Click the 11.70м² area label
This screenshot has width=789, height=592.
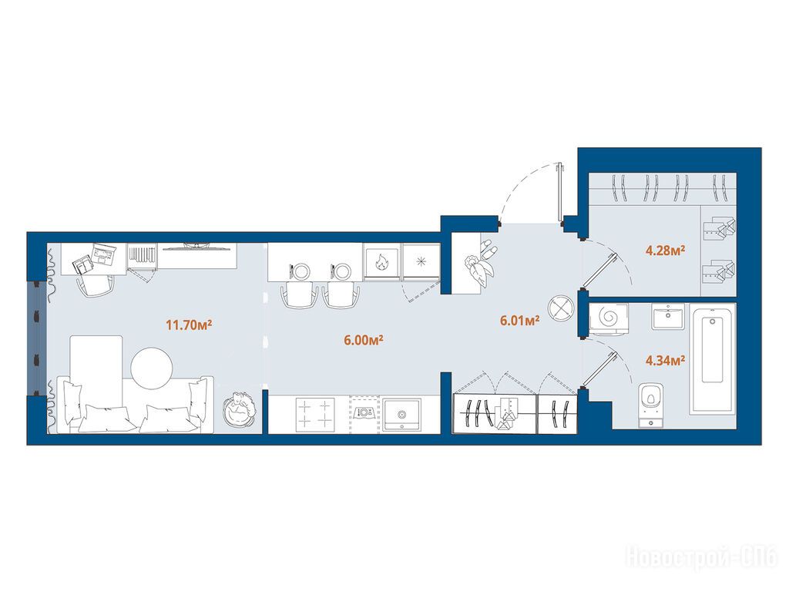pos(189,325)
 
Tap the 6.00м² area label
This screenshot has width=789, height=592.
pos(364,340)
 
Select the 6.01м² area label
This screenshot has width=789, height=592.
pos(520,320)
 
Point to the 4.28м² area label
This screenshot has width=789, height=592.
pos(665,250)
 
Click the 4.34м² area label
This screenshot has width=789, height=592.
pos(665,360)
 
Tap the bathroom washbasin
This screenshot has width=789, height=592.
pos(668,316)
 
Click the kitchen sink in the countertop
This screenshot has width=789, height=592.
pos(401,414)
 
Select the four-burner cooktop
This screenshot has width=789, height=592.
pos(315,414)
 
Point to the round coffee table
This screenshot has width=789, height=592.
pos(152,368)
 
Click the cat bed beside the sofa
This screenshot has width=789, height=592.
pos(240,410)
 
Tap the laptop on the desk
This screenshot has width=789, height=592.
pos(104,254)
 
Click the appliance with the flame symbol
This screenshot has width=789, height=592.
pos(382,262)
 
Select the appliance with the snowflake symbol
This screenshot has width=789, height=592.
pos(421,261)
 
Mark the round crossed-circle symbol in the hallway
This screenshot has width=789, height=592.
pos(561,306)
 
